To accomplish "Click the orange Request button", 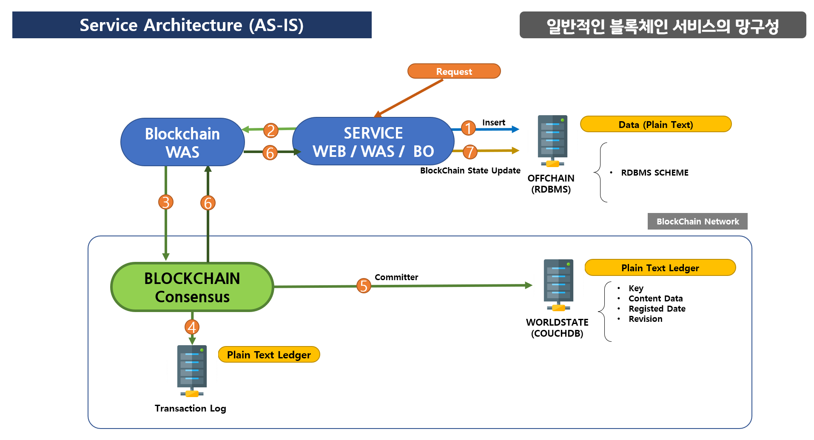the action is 454,71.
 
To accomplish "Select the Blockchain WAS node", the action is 182,142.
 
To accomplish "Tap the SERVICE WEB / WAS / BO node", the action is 373,141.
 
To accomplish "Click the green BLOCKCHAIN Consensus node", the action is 192,287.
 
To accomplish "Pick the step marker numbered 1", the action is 468,128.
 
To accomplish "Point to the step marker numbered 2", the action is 271,130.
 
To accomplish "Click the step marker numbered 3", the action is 166,202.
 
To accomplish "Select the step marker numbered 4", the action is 192,327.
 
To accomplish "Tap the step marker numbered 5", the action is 364,286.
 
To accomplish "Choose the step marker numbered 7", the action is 470,152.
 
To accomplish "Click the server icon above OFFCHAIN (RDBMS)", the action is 552,141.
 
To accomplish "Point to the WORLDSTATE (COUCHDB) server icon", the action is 558,285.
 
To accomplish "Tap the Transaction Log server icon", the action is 192,371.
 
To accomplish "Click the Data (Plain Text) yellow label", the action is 656,124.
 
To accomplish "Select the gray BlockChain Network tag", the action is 697,221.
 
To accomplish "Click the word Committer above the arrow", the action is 396,277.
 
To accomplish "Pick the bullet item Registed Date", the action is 657,309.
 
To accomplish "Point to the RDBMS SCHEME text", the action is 655,173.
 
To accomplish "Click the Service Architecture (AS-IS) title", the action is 192,25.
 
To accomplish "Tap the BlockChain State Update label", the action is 470,170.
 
